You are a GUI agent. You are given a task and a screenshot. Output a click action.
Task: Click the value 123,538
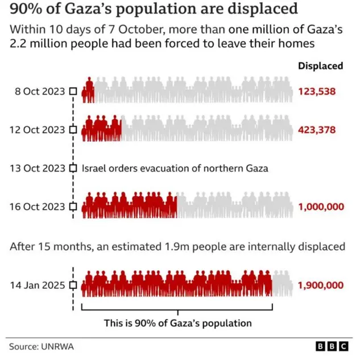click(316, 91)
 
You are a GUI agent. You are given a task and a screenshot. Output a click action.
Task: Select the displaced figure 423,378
click(316, 130)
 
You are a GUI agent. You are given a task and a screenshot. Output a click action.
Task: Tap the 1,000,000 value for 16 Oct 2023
click(320, 207)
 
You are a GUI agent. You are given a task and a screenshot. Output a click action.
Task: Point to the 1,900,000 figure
click(320, 285)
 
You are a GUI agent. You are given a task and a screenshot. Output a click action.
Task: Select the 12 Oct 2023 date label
click(38, 130)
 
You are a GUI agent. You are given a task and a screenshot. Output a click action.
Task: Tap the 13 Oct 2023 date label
click(38, 168)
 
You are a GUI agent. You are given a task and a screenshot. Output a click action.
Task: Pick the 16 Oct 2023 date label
click(38, 207)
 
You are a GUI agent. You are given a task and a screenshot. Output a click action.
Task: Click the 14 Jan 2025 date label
click(38, 285)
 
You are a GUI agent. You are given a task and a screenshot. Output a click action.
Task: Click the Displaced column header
click(320, 66)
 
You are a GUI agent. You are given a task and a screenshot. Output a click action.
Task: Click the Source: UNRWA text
click(41, 346)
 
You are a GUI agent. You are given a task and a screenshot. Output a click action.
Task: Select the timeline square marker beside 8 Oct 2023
click(73, 91)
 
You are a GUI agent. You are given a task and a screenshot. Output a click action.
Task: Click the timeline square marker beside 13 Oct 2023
click(73, 168)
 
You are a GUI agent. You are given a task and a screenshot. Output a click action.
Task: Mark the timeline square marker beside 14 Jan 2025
click(73, 285)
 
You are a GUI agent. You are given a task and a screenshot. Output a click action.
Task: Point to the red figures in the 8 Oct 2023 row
click(88, 91)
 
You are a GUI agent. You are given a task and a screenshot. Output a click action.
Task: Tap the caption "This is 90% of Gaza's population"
click(177, 323)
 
